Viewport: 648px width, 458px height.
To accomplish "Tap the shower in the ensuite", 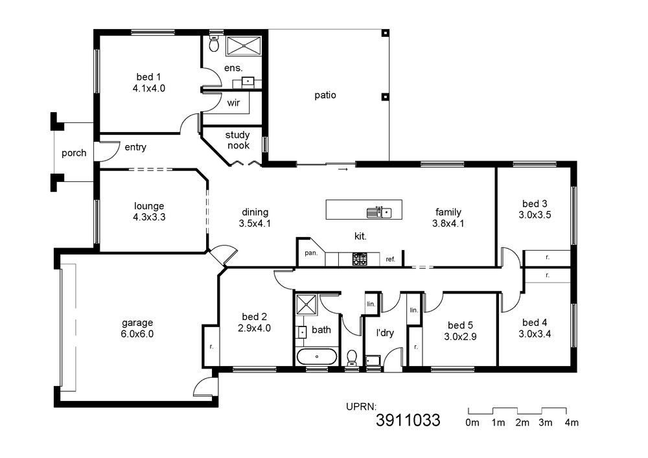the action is tap(244, 45).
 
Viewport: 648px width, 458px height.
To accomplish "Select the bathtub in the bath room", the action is tap(317, 356).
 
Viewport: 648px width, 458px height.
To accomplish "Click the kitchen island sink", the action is tap(379, 212).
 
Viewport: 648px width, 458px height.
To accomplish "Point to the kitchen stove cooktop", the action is tap(359, 259).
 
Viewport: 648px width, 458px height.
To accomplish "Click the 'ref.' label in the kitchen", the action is tap(391, 259).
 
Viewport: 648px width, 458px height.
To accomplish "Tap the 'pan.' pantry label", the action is tap(311, 253).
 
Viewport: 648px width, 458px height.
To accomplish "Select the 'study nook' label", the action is tap(238, 140).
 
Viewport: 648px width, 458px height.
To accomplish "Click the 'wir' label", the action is tap(233, 102).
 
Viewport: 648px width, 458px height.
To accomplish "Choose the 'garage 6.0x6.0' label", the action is tap(137, 328).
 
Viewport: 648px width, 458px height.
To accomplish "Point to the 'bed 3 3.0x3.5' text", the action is tap(535, 209).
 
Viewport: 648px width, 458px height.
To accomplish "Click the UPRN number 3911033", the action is tap(408, 420).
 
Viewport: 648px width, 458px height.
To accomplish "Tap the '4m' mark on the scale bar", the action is tap(572, 422).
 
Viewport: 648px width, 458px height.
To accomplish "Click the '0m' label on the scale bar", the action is tap(472, 422).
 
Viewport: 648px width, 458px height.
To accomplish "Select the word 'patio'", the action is tap(325, 95).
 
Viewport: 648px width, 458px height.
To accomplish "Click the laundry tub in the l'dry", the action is tap(373, 360).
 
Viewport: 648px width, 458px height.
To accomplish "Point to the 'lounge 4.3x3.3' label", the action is tap(149, 211).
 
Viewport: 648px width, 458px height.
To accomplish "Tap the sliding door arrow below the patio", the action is tap(343, 169).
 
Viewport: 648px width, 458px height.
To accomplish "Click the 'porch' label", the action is tap(74, 154).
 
